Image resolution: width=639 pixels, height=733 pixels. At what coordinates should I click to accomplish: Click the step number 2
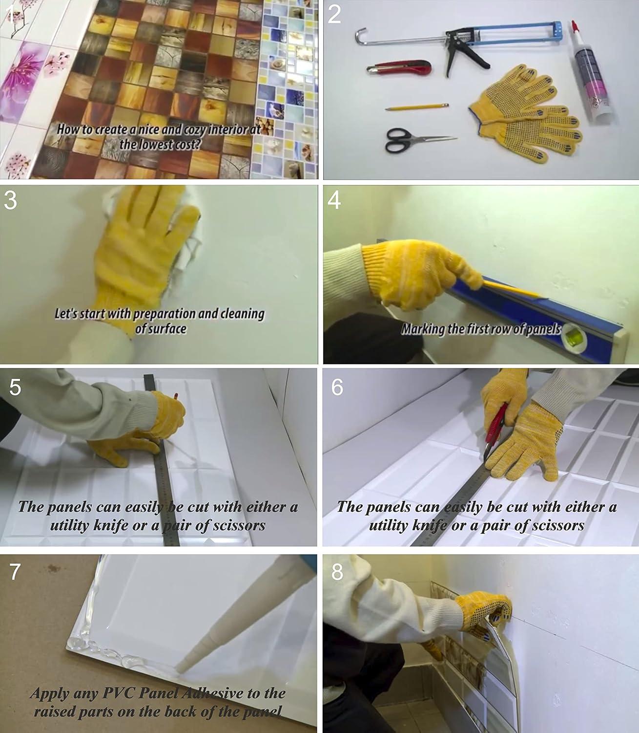coord(334,16)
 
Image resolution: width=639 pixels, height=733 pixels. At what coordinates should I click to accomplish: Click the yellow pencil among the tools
coord(417,107)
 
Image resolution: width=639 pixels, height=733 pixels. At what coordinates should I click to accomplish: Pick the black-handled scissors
coord(412,140)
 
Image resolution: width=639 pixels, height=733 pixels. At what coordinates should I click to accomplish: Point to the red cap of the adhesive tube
coord(575,26)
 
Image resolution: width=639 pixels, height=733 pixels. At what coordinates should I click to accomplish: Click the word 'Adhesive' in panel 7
coord(211,693)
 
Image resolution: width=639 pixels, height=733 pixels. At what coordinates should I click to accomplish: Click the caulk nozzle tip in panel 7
coord(178,668)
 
